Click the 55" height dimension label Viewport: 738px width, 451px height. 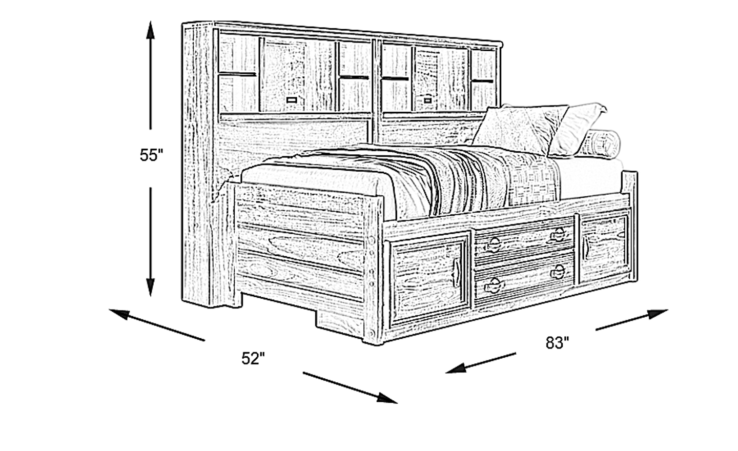pos(151,155)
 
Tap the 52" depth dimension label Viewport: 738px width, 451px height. pos(253,358)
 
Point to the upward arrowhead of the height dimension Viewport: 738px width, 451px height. pos(151,30)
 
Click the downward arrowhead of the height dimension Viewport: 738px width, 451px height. pos(151,287)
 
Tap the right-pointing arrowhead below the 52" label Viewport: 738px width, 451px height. pos(388,398)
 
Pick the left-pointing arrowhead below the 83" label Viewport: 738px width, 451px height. pos(455,367)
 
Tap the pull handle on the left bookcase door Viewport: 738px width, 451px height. pos(292,100)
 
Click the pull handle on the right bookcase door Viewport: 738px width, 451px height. pos(427,100)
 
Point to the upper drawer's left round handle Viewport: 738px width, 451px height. pos(494,244)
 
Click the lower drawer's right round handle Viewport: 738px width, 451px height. pos(559,272)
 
